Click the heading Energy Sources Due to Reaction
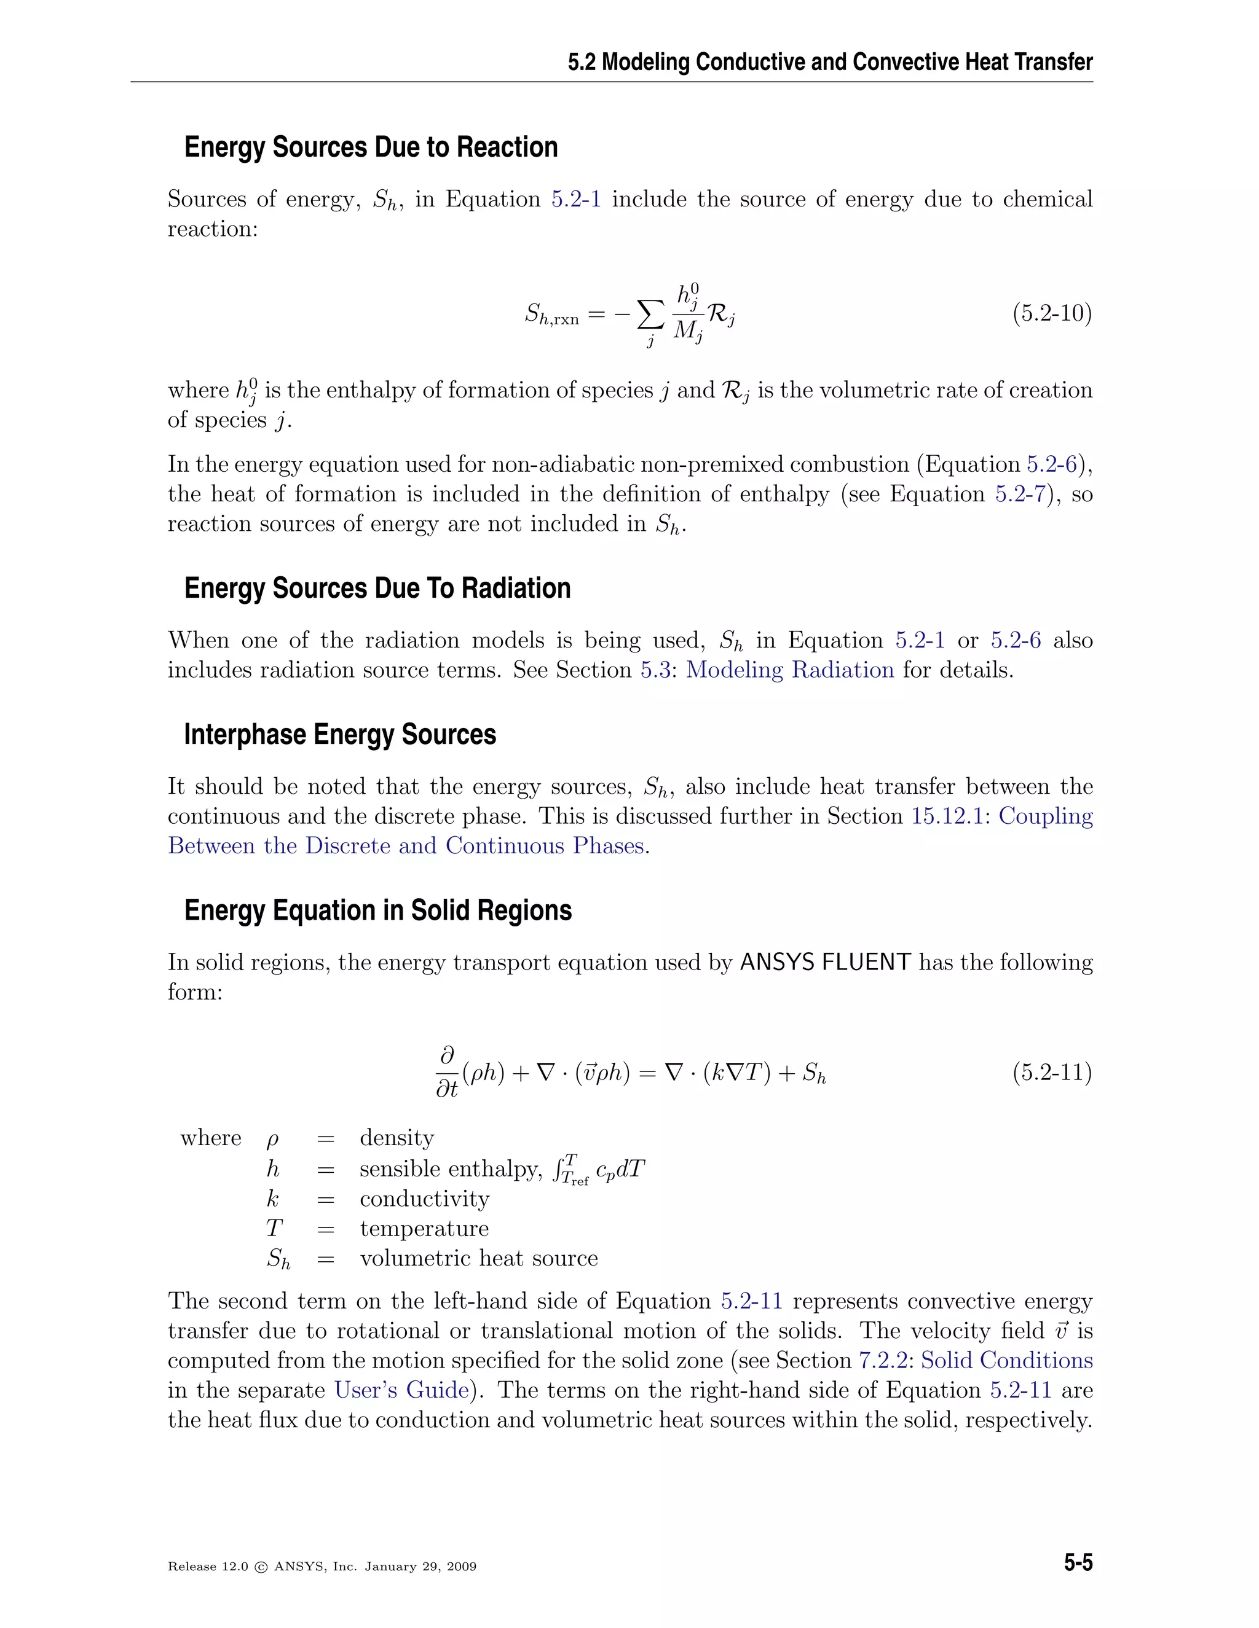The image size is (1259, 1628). (371, 147)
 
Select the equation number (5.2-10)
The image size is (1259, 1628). (1052, 313)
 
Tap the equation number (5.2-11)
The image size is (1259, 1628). (1052, 1073)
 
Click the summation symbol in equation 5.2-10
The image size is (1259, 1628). (650, 315)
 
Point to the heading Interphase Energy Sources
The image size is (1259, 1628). (339, 735)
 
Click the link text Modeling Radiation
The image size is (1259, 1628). (789, 670)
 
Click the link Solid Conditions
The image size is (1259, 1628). (1006, 1360)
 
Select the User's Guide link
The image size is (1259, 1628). (401, 1390)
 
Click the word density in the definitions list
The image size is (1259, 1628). (397, 1138)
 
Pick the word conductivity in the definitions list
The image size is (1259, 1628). (424, 1199)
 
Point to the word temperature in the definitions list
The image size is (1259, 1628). (424, 1229)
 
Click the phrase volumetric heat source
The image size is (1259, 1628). (478, 1258)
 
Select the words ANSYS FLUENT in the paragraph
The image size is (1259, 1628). (825, 962)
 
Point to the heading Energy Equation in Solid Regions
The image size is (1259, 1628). (377, 911)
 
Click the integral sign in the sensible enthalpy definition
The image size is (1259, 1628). (556, 1171)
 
